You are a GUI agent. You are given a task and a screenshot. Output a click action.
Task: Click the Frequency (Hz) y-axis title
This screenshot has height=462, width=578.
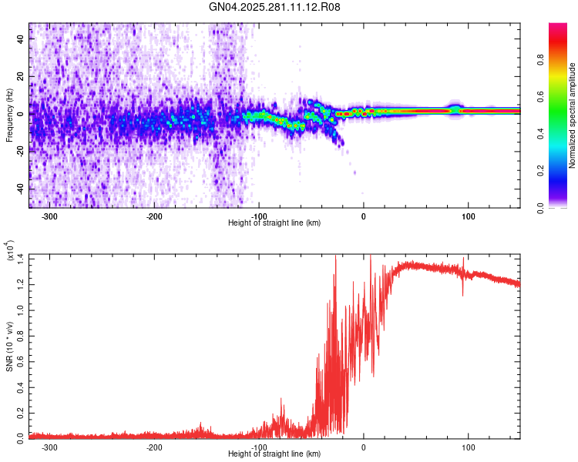[x=9, y=115]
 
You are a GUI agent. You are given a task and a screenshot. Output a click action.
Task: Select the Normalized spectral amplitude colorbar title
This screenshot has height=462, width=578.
[x=573, y=115]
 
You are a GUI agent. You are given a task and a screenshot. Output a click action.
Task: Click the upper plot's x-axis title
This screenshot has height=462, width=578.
[x=274, y=223]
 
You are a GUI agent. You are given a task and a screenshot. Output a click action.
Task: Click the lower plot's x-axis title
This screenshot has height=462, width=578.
[x=274, y=454]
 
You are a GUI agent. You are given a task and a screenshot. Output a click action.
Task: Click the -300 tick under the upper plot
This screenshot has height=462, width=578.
[x=50, y=216]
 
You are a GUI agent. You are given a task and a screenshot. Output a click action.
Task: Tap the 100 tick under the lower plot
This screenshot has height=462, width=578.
[x=468, y=447]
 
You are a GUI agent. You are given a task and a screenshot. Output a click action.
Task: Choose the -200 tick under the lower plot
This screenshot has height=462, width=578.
[x=154, y=447]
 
